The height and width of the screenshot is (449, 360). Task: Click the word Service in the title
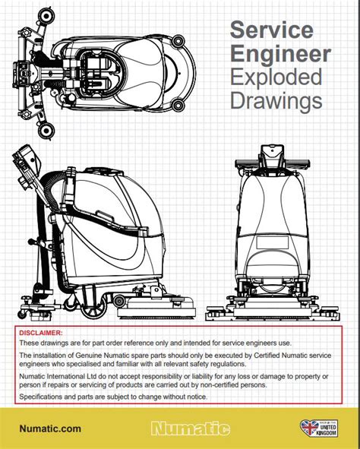[272, 30]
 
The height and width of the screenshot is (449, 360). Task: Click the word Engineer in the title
[280, 54]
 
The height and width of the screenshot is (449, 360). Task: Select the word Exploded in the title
[276, 77]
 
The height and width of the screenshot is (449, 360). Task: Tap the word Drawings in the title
[276, 101]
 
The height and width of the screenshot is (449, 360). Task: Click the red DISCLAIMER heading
[41, 333]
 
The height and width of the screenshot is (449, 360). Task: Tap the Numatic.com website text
[50, 428]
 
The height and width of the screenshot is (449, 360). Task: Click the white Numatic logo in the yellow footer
[191, 428]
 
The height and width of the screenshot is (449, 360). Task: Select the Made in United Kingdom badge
[319, 428]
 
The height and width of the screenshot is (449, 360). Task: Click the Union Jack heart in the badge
[310, 428]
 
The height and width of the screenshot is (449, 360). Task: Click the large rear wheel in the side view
[93, 308]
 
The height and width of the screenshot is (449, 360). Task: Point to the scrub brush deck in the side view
[156, 308]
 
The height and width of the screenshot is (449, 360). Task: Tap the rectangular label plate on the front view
[272, 242]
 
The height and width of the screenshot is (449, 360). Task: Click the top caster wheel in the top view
[46, 16]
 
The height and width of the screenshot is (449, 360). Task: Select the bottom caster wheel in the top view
[46, 130]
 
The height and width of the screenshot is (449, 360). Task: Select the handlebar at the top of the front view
[273, 164]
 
